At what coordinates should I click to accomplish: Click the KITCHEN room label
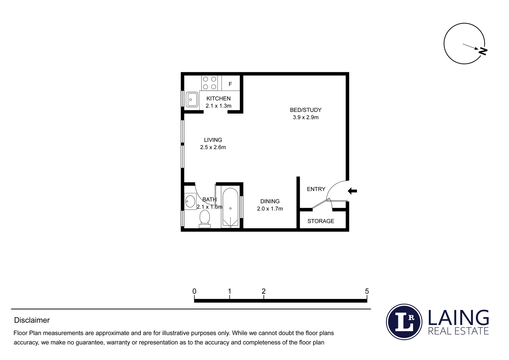[x=218, y=98]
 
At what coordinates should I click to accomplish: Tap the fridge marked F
[x=230, y=84]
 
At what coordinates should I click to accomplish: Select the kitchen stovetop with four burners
[x=210, y=83]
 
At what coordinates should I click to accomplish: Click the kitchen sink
[x=192, y=99]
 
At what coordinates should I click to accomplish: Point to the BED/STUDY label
[x=305, y=110]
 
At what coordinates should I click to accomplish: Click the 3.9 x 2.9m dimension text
[x=305, y=117]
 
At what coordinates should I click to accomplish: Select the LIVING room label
[x=213, y=140]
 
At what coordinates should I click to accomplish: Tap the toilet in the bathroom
[x=205, y=219]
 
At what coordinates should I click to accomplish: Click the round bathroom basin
[x=190, y=201]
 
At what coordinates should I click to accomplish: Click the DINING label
[x=270, y=201]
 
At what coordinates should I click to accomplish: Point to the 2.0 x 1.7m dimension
[x=270, y=209]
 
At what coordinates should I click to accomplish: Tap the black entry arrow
[x=352, y=191]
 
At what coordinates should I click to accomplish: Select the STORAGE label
[x=320, y=221]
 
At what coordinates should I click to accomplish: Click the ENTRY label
[x=316, y=189]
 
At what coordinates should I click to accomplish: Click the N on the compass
[x=483, y=51]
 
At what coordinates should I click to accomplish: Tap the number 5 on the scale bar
[x=367, y=291]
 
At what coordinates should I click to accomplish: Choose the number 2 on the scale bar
[x=263, y=291]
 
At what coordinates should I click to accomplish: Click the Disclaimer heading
[x=32, y=320]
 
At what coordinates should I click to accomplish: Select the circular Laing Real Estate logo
[x=404, y=322]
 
